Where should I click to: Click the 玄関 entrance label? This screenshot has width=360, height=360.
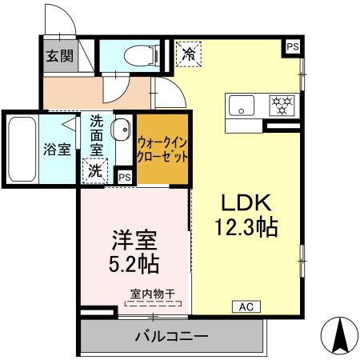pos(58,56)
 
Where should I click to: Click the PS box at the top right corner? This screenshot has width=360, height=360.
pos(292,47)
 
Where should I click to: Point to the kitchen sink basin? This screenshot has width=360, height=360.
pos(241,105)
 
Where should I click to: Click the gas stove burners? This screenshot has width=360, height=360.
pos(280,104)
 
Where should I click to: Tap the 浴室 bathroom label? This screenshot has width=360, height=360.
pos(57,149)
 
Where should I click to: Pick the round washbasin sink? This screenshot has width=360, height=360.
pos(122,129)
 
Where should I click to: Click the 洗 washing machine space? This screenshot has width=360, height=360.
pos(95,170)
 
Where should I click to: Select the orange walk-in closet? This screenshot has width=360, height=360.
pos(162,148)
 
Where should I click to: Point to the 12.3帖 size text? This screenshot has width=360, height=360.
pos(246,228)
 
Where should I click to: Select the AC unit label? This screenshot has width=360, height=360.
pos(246,306)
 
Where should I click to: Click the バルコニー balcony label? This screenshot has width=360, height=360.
pos(171,336)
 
